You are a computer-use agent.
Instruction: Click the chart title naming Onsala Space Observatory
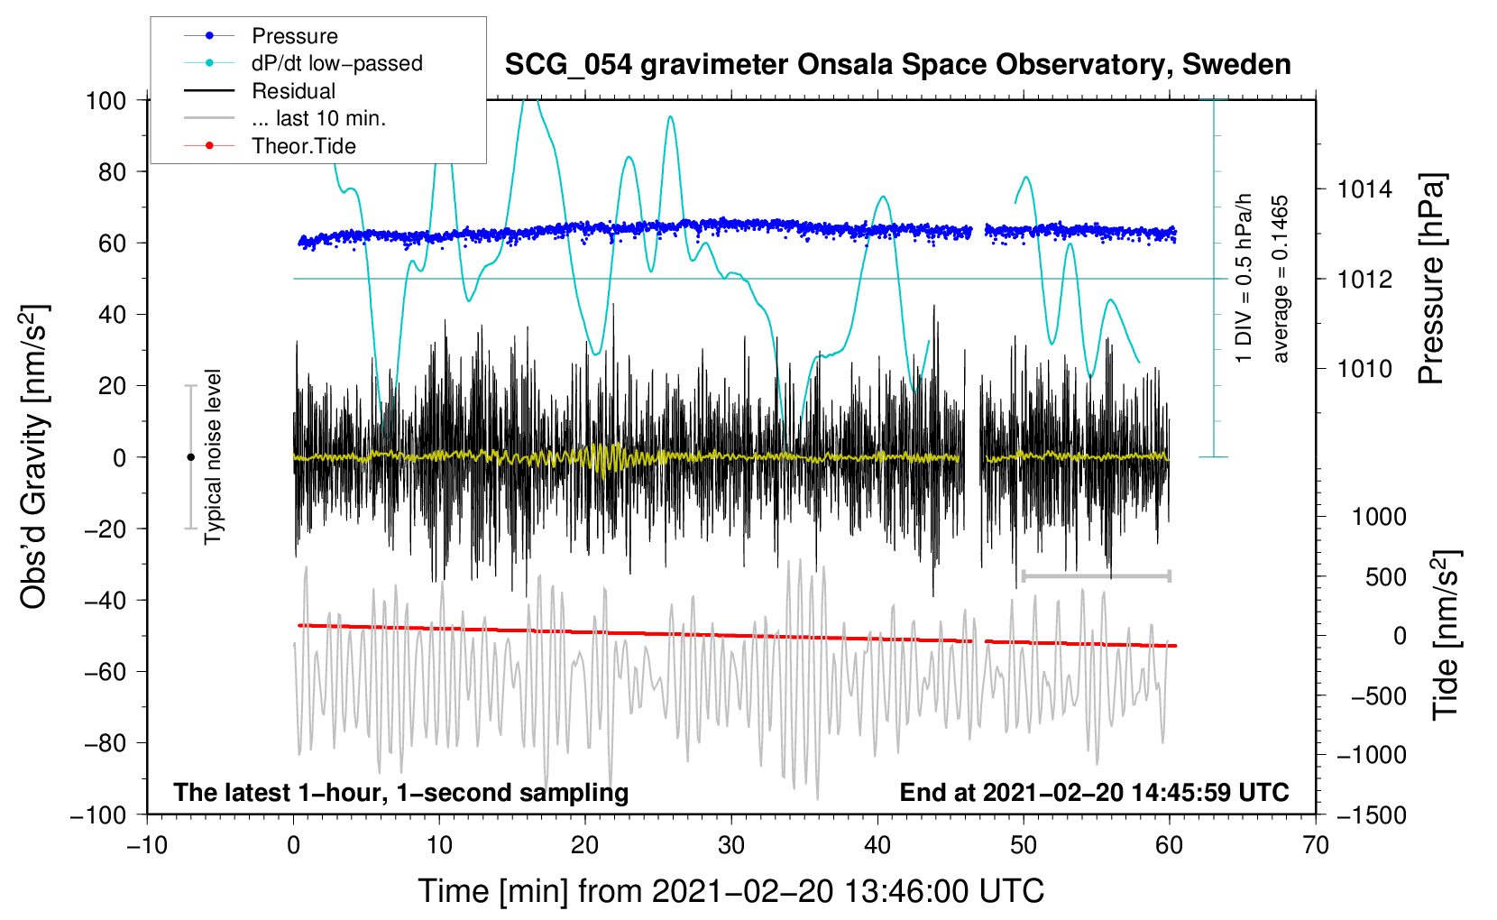point(897,65)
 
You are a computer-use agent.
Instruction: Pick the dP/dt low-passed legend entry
point(336,63)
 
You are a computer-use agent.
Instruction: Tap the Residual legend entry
point(293,91)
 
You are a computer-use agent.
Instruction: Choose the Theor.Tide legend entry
point(303,146)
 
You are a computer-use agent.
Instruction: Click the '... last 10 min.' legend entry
point(318,118)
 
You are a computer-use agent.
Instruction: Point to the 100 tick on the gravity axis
point(106,100)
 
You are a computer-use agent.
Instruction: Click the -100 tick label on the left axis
point(98,814)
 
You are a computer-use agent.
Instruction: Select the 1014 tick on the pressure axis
point(1364,189)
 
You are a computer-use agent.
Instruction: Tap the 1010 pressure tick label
point(1364,368)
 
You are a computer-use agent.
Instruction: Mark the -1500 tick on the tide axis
point(1371,814)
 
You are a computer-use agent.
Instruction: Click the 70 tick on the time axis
point(1316,845)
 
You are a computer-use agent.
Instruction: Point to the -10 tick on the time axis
point(147,845)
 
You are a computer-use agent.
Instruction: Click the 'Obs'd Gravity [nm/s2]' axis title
point(34,457)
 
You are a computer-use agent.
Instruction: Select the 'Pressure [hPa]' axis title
point(1432,280)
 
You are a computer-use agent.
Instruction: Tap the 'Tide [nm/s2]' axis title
point(1446,635)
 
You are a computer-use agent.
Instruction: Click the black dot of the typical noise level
point(190,457)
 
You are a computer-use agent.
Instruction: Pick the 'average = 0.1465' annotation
point(1280,280)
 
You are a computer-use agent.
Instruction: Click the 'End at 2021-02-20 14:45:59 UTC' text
point(1094,793)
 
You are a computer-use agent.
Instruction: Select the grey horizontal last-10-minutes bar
point(1097,575)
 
